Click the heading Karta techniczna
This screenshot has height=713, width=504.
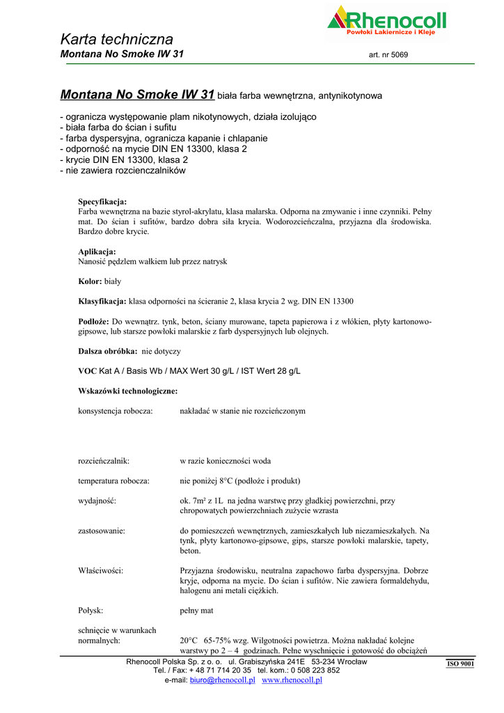(x=116, y=39)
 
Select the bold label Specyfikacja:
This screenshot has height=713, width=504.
(x=102, y=201)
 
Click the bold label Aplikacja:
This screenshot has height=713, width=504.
(x=97, y=251)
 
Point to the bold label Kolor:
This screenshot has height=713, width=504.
(x=90, y=282)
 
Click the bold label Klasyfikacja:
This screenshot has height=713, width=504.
(x=102, y=301)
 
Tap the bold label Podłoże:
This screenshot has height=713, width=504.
(x=94, y=322)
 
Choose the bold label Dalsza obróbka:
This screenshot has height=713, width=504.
(x=107, y=352)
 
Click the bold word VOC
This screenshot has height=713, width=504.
(x=88, y=371)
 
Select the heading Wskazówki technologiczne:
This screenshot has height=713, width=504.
(x=128, y=391)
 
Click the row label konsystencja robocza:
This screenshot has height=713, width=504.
(x=116, y=411)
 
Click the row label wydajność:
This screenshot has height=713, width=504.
(x=97, y=501)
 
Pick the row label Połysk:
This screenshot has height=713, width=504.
(x=90, y=611)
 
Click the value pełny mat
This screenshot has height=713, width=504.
(x=196, y=611)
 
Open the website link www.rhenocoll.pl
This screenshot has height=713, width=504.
(x=292, y=680)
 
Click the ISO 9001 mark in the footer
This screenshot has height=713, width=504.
(x=460, y=664)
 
